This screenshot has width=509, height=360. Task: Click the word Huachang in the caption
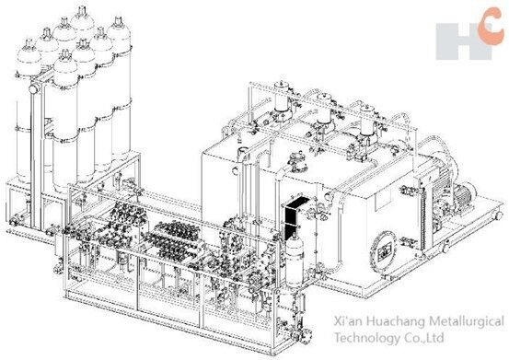click(x=382, y=321)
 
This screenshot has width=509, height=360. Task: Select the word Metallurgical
click(x=459, y=321)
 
